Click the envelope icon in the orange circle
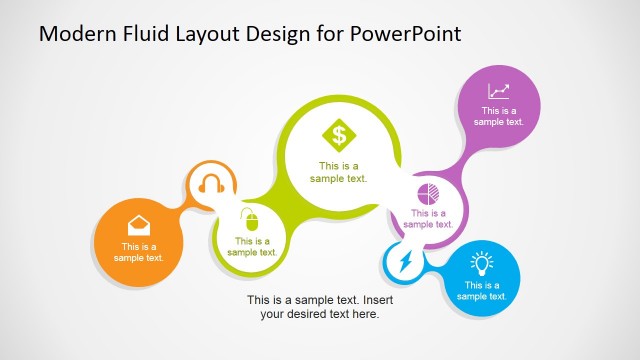point(138,224)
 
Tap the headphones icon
point(211,184)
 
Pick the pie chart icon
point(428,192)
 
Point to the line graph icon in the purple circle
point(499,91)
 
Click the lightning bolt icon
point(404,264)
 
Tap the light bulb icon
point(483,264)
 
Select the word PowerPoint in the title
point(405,34)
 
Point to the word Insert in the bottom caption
point(381,299)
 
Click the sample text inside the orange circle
point(138,252)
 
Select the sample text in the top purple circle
point(499,116)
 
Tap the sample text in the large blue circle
point(482,290)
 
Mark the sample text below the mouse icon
point(251,246)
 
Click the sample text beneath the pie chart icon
point(428,218)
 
